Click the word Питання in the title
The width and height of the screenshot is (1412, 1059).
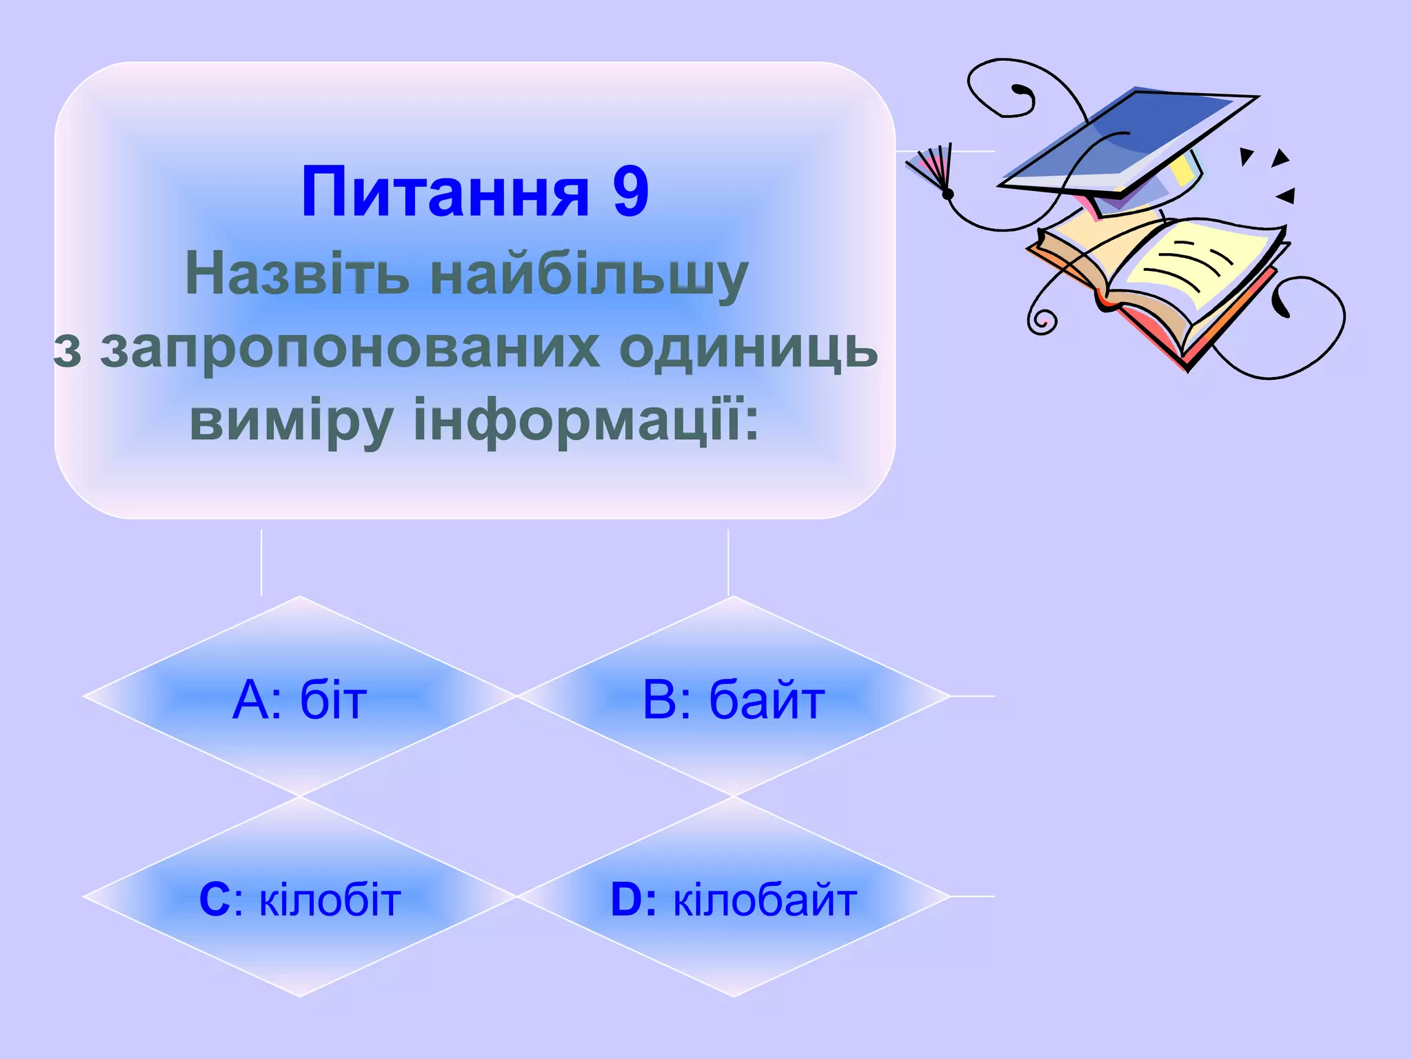445,192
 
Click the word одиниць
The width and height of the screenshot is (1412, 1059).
748,349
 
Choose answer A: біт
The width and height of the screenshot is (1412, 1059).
300,700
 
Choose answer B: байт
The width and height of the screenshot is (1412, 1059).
734,700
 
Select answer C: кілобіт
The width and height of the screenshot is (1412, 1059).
300,900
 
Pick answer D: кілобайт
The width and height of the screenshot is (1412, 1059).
734,900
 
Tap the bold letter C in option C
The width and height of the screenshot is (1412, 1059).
214,900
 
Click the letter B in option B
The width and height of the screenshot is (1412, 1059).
660,700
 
